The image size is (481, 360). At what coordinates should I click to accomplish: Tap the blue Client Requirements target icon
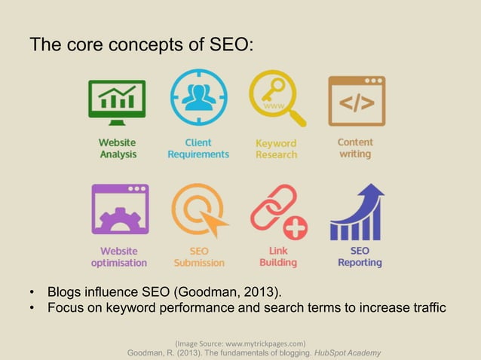198,98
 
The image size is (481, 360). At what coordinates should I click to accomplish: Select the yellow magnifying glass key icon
277,99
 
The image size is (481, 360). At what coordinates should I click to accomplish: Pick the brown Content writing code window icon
356,100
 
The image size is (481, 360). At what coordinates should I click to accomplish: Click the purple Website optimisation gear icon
119,209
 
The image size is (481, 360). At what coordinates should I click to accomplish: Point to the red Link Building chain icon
277,210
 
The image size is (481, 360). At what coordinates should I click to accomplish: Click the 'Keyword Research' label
276,148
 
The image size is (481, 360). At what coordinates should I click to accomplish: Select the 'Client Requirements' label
198,148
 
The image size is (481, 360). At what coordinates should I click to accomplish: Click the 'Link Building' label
277,257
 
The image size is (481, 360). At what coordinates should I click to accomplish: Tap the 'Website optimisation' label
119,257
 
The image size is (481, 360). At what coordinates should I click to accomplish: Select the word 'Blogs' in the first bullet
65,292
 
